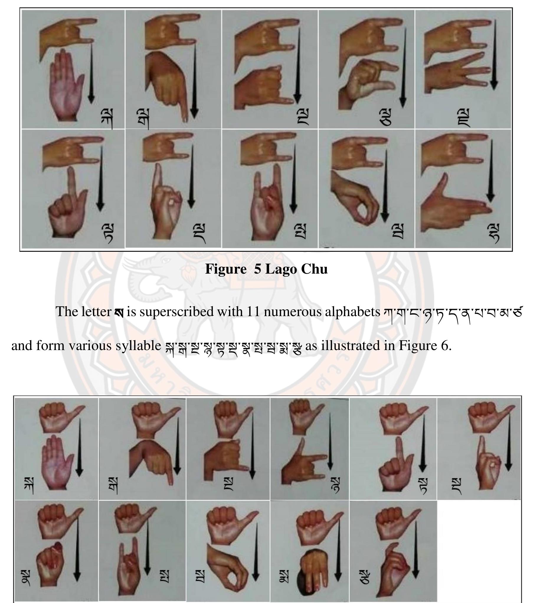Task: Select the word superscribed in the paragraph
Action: coord(176,312)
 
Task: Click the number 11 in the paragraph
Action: coord(253,312)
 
